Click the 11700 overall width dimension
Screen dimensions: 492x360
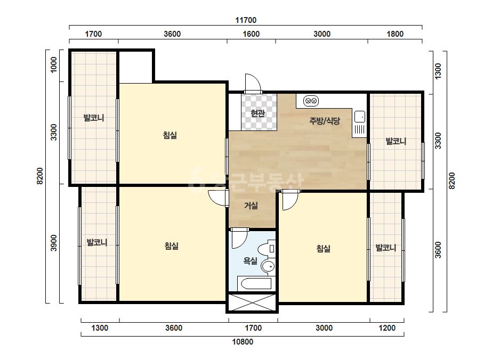pyautogui.click(x=246, y=20)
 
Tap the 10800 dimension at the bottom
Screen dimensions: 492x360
pyautogui.click(x=243, y=341)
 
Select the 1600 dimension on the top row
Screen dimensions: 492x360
pyautogui.click(x=251, y=34)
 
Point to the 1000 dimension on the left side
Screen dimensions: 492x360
pyautogui.click(x=54, y=64)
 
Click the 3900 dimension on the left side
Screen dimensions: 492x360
pyautogui.click(x=54, y=243)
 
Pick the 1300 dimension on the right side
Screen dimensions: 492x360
pyautogui.click(x=438, y=71)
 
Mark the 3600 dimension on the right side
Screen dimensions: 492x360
pyautogui.click(x=438, y=250)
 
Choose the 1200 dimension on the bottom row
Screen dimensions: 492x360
pyautogui.click(x=387, y=328)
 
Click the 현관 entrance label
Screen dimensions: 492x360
pyautogui.click(x=258, y=113)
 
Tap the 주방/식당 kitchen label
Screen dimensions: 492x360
pyautogui.click(x=325, y=121)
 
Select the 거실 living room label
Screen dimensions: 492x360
pyautogui.click(x=251, y=206)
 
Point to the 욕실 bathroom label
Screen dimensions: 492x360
pyautogui.click(x=251, y=260)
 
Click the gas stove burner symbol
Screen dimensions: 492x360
pyautogui.click(x=311, y=101)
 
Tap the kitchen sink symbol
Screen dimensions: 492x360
pyautogui.click(x=360, y=117)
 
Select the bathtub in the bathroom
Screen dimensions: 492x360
pyautogui.click(x=254, y=284)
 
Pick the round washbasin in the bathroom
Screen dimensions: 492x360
pyautogui.click(x=268, y=267)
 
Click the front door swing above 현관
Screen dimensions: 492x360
pyautogui.click(x=253, y=84)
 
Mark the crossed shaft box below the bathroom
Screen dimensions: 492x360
pyautogui.click(x=252, y=302)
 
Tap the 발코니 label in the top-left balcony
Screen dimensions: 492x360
pyautogui.click(x=93, y=118)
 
